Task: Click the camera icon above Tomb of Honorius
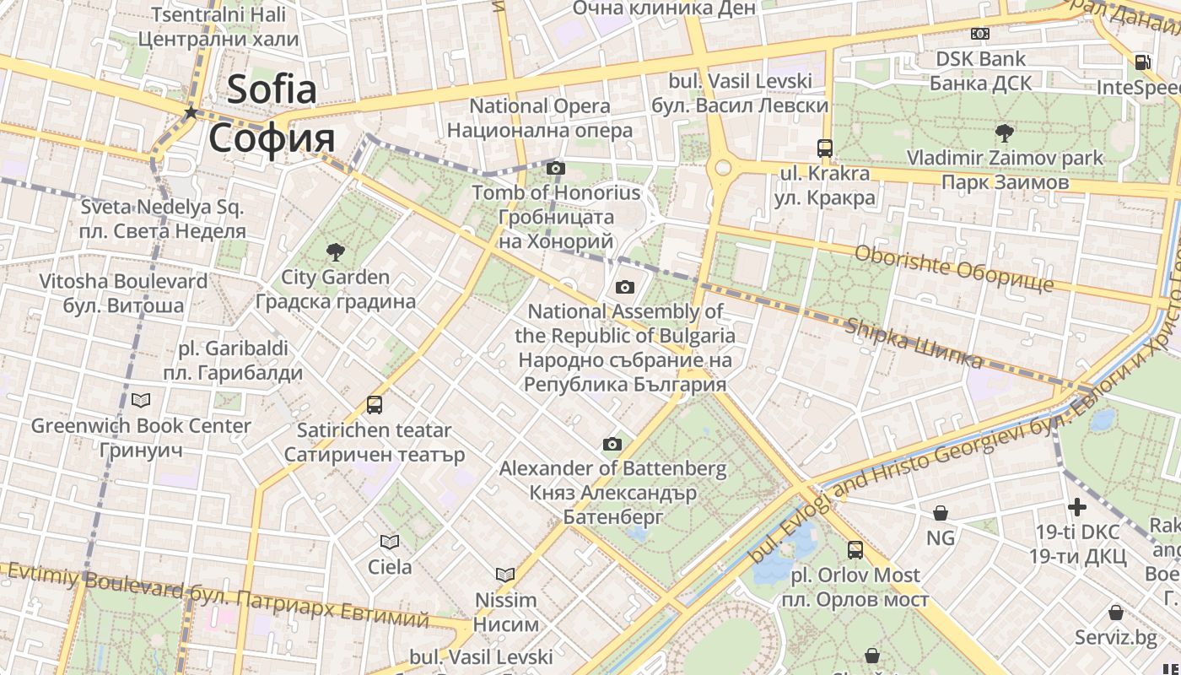pos(555,168)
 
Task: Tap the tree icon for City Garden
pos(335,251)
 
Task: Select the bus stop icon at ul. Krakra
pos(825,148)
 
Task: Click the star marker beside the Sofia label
pos(191,112)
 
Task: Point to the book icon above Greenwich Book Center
pos(141,400)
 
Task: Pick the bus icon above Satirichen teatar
pos(375,405)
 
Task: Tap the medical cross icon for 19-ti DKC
pos(1077,507)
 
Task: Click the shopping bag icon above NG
pos(941,512)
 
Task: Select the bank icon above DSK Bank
pos(979,34)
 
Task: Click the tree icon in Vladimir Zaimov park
pos(1004,132)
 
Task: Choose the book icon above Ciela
pos(389,542)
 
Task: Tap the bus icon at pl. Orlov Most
pos(855,550)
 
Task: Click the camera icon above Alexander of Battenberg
pos(612,444)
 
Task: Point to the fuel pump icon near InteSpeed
pos(1143,62)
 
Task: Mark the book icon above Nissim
pos(505,575)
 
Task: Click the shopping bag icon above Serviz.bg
pos(1116,613)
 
